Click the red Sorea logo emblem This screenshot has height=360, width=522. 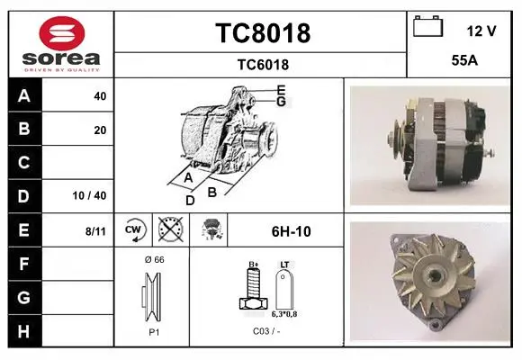coord(62,33)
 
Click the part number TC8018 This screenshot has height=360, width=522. coord(263,33)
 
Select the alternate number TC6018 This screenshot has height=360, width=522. coord(263,65)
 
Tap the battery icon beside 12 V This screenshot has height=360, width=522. coord(427,26)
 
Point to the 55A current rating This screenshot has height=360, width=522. coord(464,60)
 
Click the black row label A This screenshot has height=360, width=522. coord(24,95)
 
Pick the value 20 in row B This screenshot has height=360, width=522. coord(100,130)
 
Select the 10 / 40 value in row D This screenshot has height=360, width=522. coord(89,195)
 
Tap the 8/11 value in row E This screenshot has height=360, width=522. coord(95,231)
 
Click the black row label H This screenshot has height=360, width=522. coord(24,331)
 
